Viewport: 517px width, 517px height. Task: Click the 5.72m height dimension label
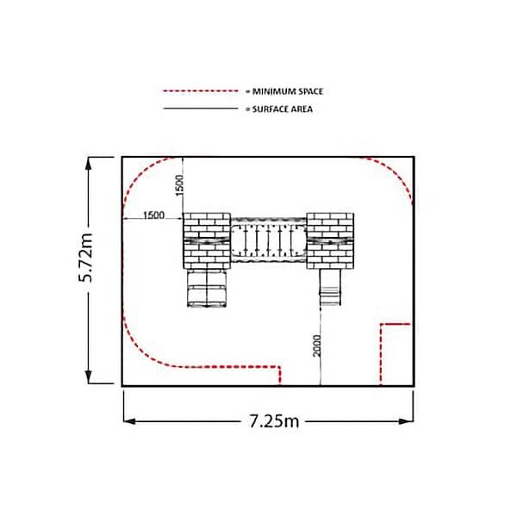[x=85, y=258]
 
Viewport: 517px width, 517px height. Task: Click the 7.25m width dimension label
[x=274, y=421]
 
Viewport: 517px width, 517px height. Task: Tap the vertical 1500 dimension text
[x=179, y=185]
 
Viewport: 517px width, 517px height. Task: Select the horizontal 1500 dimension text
[x=153, y=215]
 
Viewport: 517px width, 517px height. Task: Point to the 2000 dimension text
[x=316, y=346]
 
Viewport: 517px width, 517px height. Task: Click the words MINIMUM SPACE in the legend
[x=288, y=91]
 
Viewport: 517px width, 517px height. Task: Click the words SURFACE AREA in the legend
[x=283, y=109]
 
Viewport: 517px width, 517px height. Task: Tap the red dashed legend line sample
[x=201, y=90]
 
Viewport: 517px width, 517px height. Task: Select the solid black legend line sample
[x=201, y=109]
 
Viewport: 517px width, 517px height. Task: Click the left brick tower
[x=207, y=240]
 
